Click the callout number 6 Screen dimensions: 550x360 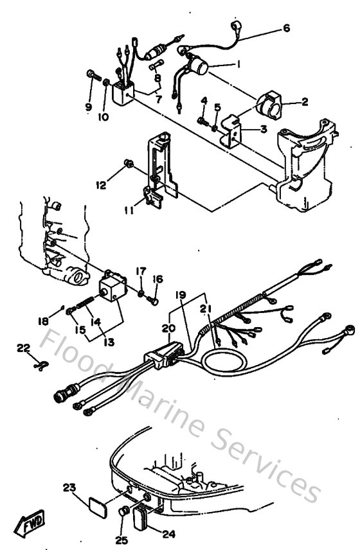(x=287, y=28)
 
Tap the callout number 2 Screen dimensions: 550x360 (x=305, y=102)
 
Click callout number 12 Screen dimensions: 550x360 (x=100, y=185)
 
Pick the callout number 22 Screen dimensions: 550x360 (x=23, y=348)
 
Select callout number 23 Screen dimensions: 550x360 (x=69, y=487)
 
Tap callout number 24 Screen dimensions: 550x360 (x=170, y=533)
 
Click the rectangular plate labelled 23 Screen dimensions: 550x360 (x=96, y=505)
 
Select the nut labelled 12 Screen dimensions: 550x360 (x=129, y=165)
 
